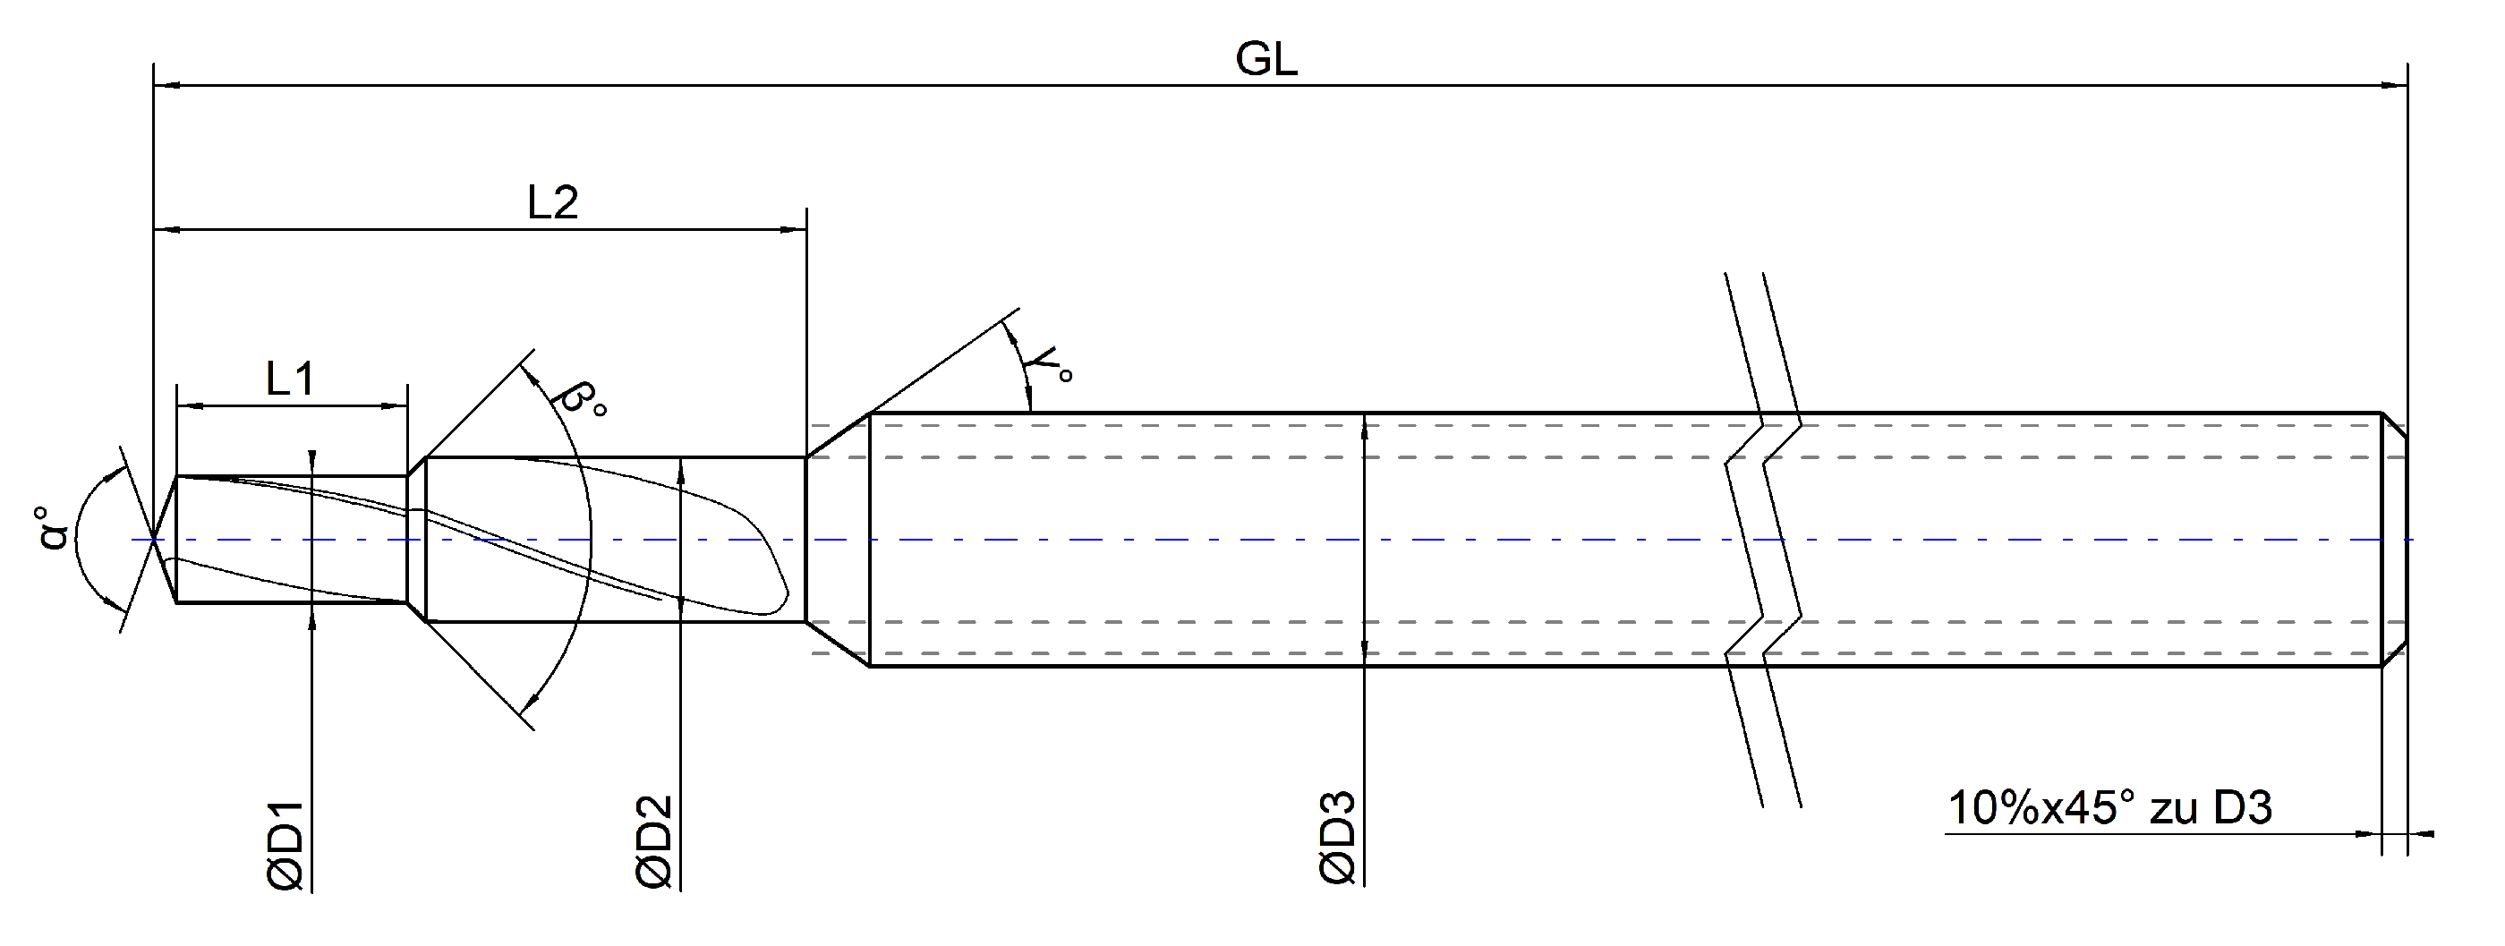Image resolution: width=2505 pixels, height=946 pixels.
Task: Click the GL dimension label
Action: [1266, 60]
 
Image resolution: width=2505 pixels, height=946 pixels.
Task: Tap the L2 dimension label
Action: [552, 203]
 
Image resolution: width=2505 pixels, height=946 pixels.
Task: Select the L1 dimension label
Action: [290, 379]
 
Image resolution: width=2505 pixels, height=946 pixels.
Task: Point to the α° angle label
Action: [55, 528]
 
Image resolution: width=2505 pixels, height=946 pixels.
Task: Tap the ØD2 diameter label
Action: [654, 842]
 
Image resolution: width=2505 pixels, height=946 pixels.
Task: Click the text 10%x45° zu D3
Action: [2110, 809]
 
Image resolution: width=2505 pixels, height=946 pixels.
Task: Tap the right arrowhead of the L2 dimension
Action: [794, 230]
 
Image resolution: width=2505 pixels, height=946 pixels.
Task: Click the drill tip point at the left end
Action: [155, 539]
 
